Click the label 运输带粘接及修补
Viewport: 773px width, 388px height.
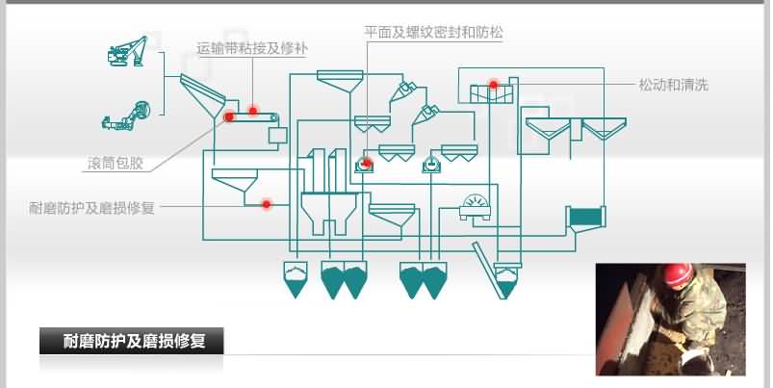pos(252,48)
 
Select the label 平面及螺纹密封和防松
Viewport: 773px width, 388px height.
pos(433,32)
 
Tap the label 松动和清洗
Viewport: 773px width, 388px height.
pos(673,85)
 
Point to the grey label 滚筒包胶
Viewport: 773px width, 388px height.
pos(115,163)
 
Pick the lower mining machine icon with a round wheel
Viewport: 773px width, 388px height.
pos(126,116)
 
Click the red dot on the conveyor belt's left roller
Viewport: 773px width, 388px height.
pos(230,117)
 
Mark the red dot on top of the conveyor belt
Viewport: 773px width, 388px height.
pos(254,109)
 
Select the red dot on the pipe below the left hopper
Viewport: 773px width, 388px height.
pos(267,203)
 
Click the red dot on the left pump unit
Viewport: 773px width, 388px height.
pos(367,163)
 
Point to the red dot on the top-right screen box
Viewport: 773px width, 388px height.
pos(494,85)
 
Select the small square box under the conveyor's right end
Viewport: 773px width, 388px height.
pos(278,136)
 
